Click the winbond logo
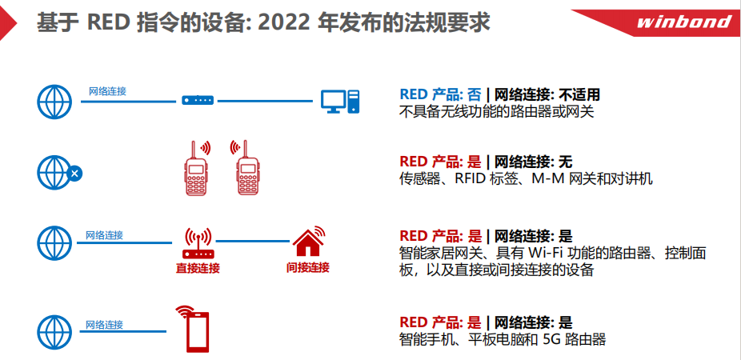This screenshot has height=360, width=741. (683, 22)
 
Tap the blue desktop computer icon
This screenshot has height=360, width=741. (340, 102)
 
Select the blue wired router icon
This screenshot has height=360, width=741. (198, 100)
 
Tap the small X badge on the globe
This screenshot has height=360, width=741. (74, 174)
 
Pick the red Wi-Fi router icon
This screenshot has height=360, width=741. (198, 243)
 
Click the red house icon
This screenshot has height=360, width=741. (309, 242)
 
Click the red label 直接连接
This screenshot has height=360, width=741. (198, 268)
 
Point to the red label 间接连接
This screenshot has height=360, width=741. (307, 267)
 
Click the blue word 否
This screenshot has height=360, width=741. (475, 95)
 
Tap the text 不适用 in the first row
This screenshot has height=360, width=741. (579, 95)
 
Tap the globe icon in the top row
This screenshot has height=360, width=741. (54, 102)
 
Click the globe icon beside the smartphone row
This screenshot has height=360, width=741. (54, 333)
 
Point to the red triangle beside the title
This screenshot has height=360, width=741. (7, 23)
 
